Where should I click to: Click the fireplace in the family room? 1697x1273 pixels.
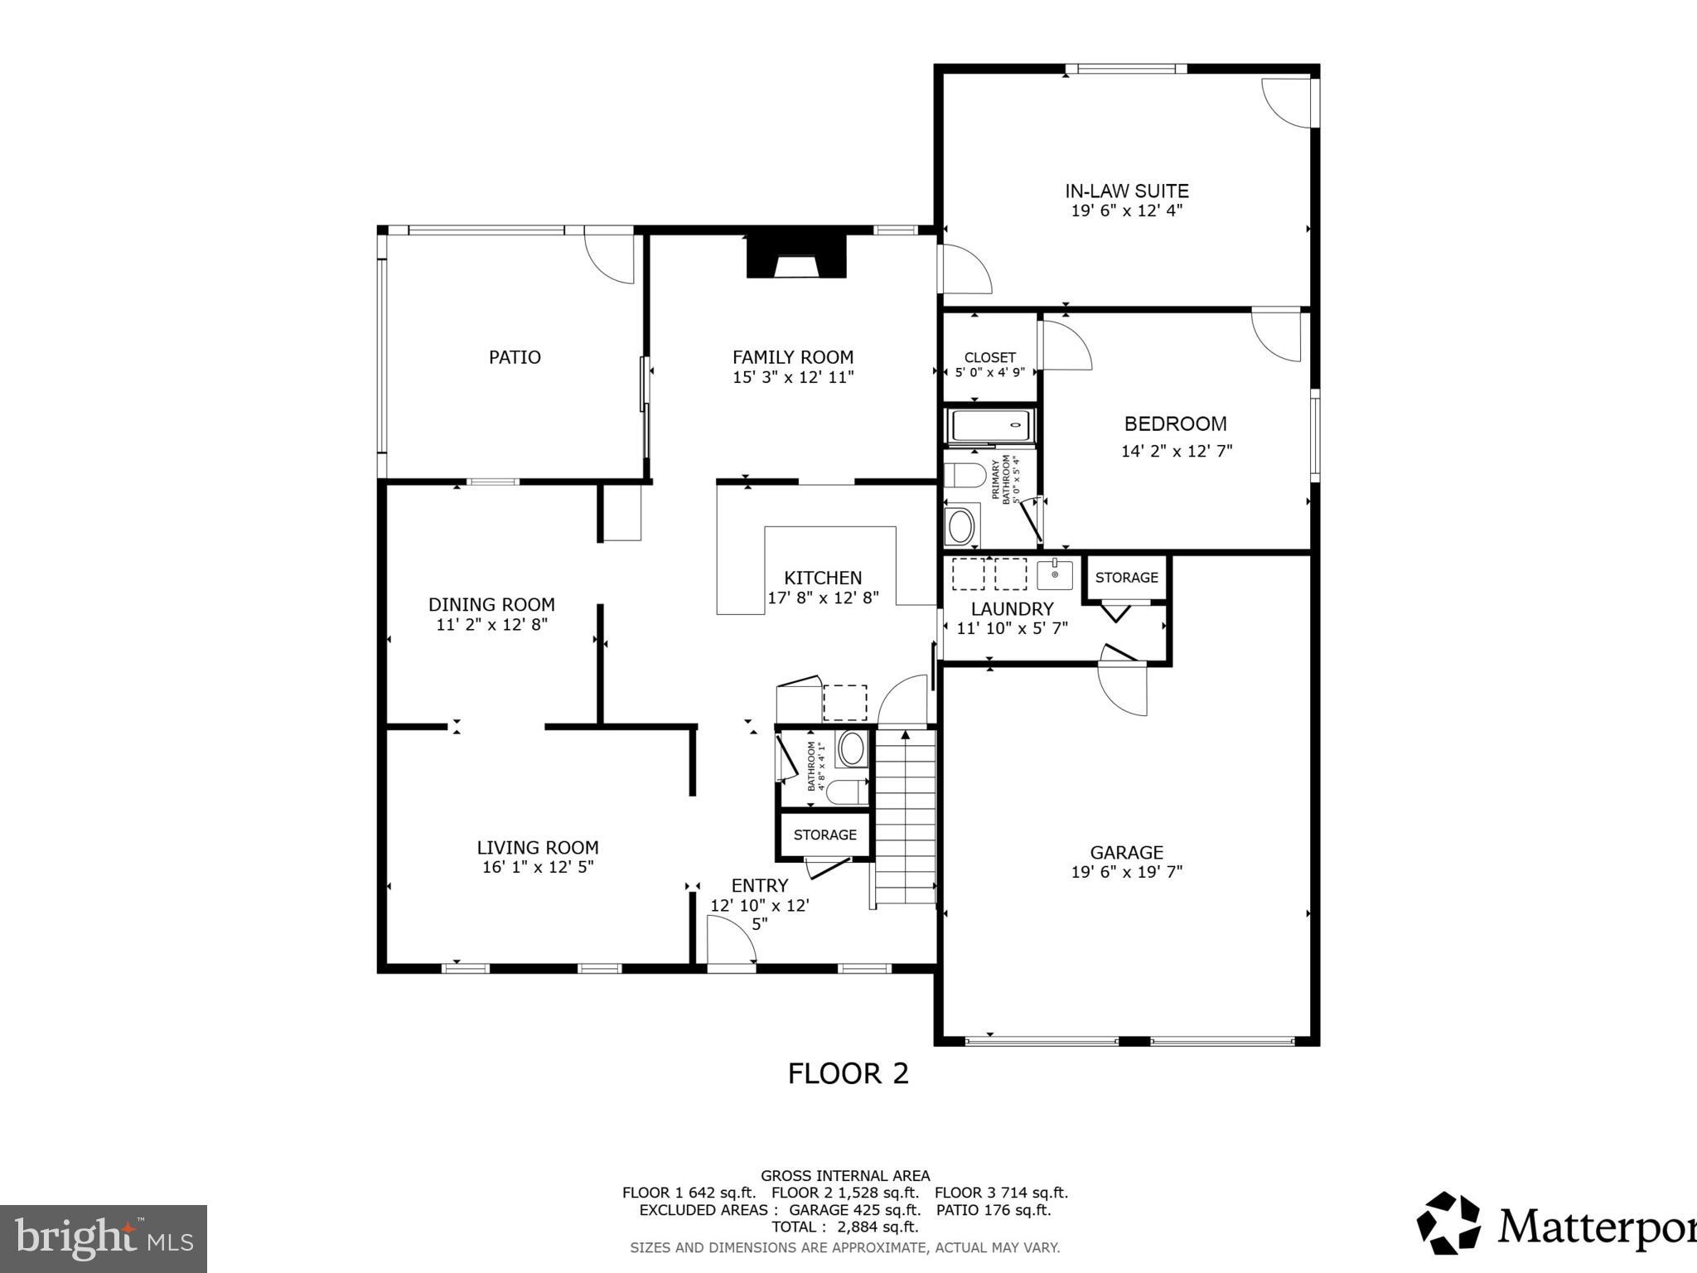tap(796, 257)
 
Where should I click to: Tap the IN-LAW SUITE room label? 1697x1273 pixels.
tap(1126, 191)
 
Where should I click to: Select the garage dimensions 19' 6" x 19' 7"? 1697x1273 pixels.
tap(1126, 872)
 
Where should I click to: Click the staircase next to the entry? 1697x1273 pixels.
tap(907, 816)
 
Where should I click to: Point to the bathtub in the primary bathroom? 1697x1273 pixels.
tap(991, 426)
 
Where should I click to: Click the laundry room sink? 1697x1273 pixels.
tap(1054, 574)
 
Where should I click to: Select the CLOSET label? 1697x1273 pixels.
tap(989, 358)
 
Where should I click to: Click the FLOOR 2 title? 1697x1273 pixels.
tap(848, 1074)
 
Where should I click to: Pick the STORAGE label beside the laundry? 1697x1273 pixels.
tap(1126, 578)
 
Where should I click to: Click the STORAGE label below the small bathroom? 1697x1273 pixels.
tap(824, 835)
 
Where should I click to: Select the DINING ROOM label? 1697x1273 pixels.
tap(491, 605)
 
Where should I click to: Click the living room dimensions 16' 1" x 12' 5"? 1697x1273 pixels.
tap(538, 868)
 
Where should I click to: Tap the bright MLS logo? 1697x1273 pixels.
tap(104, 1238)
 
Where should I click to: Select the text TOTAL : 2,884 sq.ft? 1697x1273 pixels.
tap(844, 1227)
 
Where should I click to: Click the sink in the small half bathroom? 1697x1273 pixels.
tap(851, 748)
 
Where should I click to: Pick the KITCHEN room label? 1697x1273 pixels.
tap(823, 578)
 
